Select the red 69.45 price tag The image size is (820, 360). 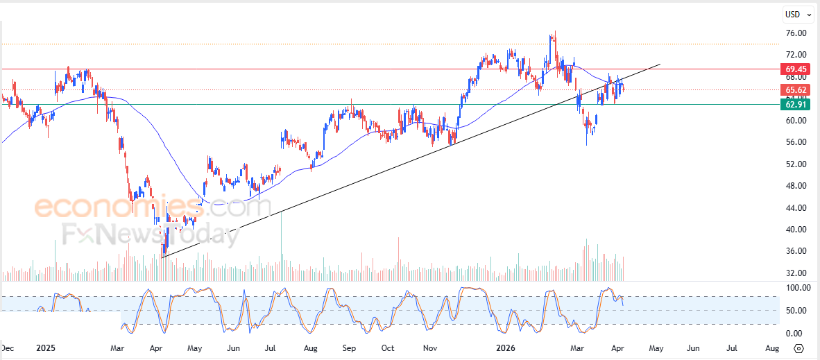click(795, 69)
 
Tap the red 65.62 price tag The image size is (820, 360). click(795, 90)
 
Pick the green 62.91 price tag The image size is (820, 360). click(795, 105)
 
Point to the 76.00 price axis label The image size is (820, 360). click(796, 33)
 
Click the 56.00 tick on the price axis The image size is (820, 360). click(796, 142)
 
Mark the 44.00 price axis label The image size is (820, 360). click(796, 207)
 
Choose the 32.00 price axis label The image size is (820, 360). click(796, 273)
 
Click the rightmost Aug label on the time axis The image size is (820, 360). click(771, 348)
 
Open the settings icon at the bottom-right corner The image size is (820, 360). click(799, 348)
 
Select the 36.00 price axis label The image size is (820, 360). click(796, 251)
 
